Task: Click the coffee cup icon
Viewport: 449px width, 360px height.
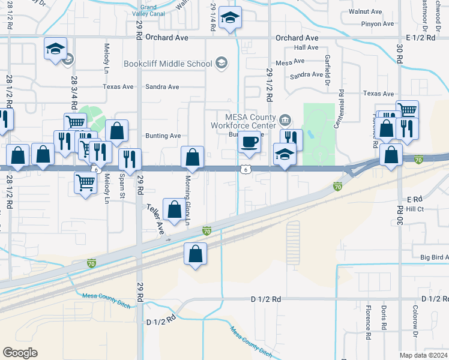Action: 250,143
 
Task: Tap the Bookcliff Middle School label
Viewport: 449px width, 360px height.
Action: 167,64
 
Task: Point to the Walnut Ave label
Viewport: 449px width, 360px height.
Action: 369,11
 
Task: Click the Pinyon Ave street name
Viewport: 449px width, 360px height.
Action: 377,24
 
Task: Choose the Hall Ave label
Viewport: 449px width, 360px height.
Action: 306,47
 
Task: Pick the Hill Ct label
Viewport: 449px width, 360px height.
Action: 415,209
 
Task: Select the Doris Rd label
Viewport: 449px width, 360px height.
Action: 383,317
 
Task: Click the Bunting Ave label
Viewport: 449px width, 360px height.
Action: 163,136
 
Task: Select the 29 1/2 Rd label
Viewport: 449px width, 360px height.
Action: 270,85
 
